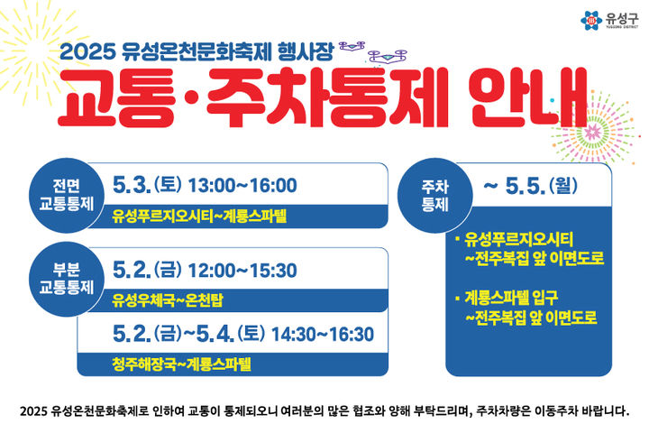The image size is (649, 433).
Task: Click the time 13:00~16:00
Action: [x=242, y=186]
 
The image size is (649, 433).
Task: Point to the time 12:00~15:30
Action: [x=242, y=269]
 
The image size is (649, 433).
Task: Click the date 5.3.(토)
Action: [x=146, y=186]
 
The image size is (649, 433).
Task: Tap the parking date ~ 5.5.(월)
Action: [x=528, y=187]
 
